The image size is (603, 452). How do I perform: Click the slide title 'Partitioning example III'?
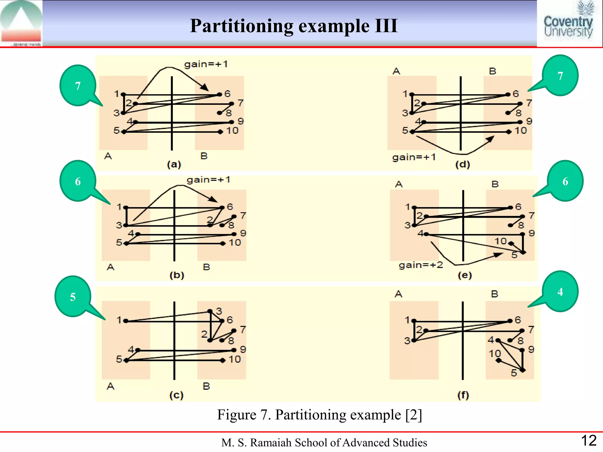tap(294, 26)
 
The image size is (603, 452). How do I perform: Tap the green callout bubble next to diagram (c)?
tap(73, 296)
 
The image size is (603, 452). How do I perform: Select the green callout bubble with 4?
tap(560, 291)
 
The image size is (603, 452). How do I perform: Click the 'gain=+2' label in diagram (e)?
tap(420, 265)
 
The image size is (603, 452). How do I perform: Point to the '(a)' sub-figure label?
tap(174, 164)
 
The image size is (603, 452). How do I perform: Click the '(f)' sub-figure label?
tap(463, 395)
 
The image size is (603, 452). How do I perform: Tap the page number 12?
tap(589, 441)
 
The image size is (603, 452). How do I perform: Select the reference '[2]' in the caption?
tap(413, 415)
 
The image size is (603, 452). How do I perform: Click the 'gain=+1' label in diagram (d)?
tap(414, 157)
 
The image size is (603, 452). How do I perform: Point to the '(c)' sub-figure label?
tap(176, 395)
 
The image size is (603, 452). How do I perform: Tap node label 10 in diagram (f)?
tap(495, 353)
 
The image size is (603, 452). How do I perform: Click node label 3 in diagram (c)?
tap(219, 311)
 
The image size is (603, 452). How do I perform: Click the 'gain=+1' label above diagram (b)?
tap(208, 180)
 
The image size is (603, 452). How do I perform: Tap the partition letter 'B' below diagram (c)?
tap(206, 386)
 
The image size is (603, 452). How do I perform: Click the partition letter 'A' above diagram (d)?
tap(396, 71)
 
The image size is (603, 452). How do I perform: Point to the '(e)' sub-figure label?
tap(465, 275)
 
